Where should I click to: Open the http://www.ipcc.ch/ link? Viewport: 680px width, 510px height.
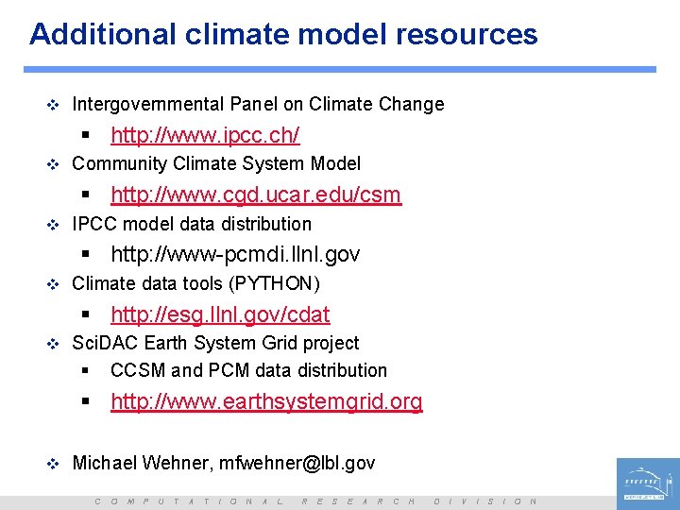pos(205,135)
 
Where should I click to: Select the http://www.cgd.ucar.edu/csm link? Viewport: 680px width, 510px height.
pos(256,195)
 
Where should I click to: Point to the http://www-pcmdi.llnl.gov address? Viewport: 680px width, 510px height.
pos(235,254)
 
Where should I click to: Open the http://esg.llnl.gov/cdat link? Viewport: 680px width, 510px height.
pos(220,314)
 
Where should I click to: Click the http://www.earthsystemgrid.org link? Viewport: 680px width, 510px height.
pos(266,401)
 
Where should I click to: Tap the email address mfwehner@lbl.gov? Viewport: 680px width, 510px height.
pos(297,463)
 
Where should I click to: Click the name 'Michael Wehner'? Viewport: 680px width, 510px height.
pos(141,463)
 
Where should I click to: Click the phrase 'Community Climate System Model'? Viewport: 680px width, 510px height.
pos(216,163)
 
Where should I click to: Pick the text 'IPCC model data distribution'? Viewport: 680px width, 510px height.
pos(192,224)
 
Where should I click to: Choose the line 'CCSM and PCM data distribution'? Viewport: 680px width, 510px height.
pos(248,370)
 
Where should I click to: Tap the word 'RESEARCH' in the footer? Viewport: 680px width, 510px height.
pos(358,501)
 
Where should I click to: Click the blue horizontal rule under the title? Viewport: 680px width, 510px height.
pos(340,69)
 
